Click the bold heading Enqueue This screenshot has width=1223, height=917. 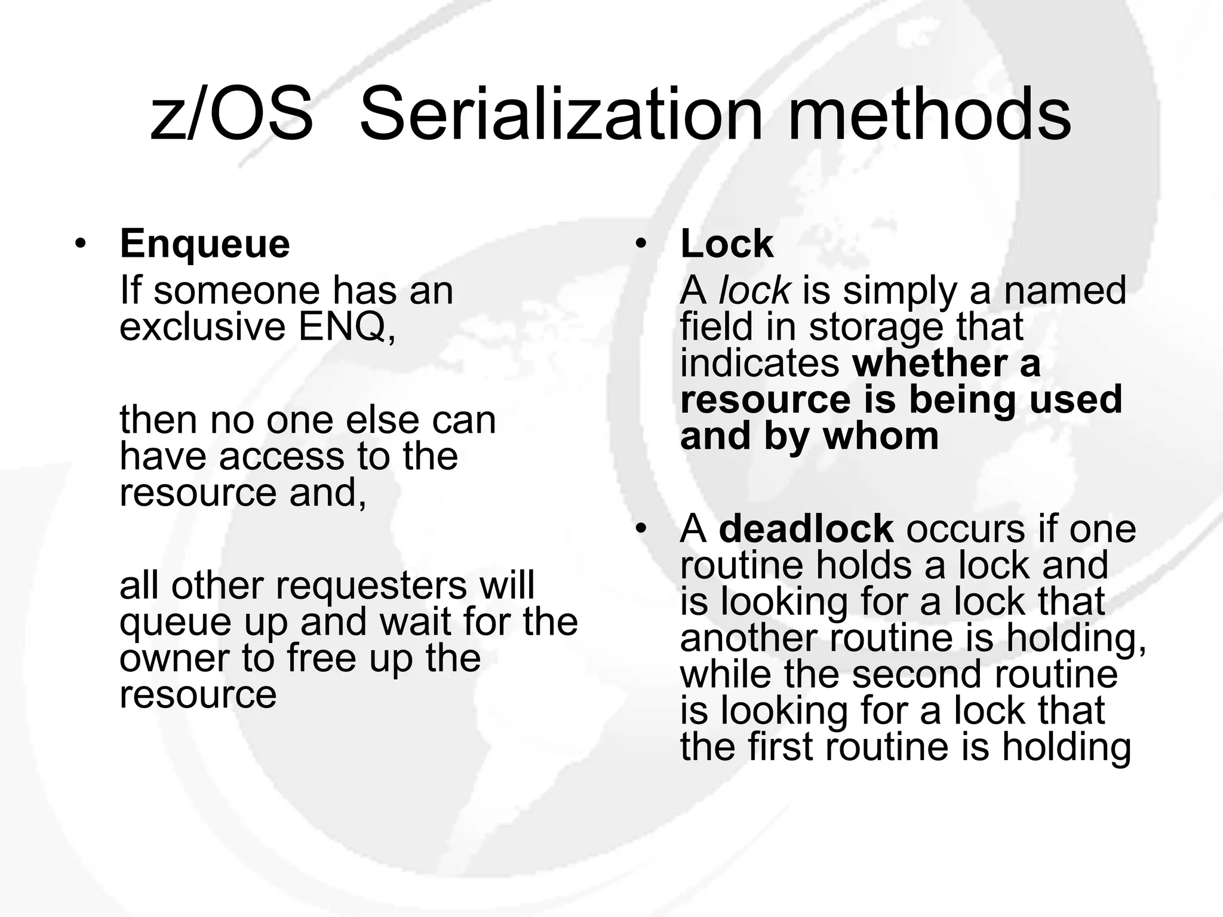point(205,244)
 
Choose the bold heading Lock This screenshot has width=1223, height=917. point(727,244)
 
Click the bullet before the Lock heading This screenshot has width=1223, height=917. point(641,245)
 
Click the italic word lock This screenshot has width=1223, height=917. point(755,291)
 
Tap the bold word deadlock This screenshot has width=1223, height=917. point(806,529)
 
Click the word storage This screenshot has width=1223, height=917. point(877,327)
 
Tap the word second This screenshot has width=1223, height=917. point(916,674)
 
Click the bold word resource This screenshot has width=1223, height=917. point(765,399)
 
